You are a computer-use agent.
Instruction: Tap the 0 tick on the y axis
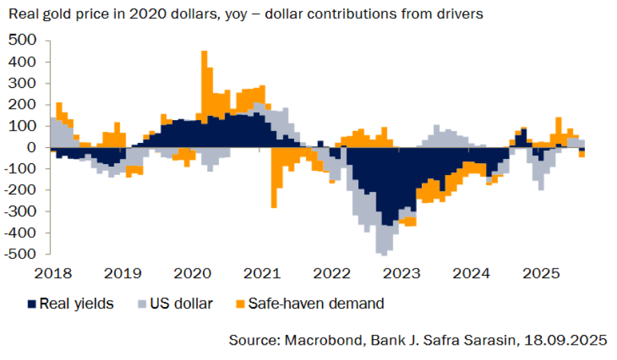tap(31, 147)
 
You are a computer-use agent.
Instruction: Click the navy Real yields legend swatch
tap(32, 303)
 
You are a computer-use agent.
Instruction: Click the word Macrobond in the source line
tap(314, 340)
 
